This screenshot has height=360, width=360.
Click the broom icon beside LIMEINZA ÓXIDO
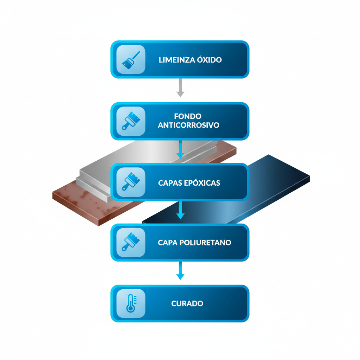(131, 59)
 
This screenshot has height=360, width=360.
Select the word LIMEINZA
(177, 60)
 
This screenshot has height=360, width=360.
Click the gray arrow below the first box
(180, 88)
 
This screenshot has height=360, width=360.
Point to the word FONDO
(188, 116)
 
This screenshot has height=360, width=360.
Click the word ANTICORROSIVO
(188, 125)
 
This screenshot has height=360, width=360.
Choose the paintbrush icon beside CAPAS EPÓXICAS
(131, 182)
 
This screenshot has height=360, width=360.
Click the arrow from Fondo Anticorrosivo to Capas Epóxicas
(180, 149)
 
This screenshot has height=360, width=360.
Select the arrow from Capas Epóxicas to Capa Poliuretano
(180, 210)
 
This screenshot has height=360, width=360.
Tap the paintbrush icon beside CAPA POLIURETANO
(131, 242)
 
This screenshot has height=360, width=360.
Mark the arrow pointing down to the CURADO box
(180, 271)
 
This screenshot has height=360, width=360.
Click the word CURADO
(187, 303)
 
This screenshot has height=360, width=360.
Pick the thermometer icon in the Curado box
(131, 303)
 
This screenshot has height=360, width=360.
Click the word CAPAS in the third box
(171, 183)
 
